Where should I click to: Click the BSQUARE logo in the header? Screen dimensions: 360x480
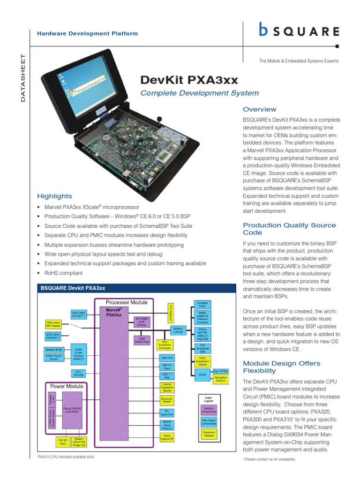pos(299,31)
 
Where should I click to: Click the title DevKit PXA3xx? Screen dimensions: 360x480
pos(189,79)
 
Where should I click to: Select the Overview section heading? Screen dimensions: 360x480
pos(259,109)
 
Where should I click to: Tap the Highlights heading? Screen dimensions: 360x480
pos(54,196)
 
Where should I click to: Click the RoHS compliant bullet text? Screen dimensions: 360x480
pos(63,273)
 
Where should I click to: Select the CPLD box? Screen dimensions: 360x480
pos(202,374)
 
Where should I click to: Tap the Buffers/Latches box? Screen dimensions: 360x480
pos(178,330)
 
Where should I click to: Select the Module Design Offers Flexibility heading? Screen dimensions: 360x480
pos(281,367)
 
